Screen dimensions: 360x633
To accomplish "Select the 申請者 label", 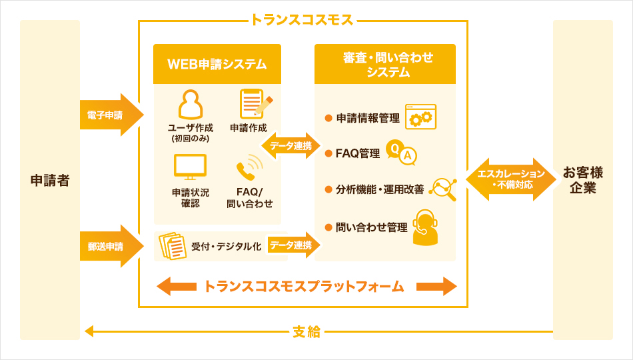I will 50,180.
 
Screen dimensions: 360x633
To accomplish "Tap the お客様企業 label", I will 582,180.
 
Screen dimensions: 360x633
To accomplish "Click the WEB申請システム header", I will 217,64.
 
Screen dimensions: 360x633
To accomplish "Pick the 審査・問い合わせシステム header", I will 385,65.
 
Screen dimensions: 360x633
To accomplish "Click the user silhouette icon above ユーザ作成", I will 190,104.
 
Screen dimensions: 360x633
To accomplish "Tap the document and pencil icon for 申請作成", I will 254,104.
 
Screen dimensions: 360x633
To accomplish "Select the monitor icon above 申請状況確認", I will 190,166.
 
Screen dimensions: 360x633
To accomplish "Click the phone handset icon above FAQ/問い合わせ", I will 249,168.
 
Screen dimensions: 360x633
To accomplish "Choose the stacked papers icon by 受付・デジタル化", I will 173,246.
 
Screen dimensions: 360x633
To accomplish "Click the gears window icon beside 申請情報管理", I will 420,117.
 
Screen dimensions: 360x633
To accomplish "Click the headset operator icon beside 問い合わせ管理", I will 425,227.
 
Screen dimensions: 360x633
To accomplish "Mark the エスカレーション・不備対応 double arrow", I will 511,179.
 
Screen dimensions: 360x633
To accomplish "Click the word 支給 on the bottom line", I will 307,331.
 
